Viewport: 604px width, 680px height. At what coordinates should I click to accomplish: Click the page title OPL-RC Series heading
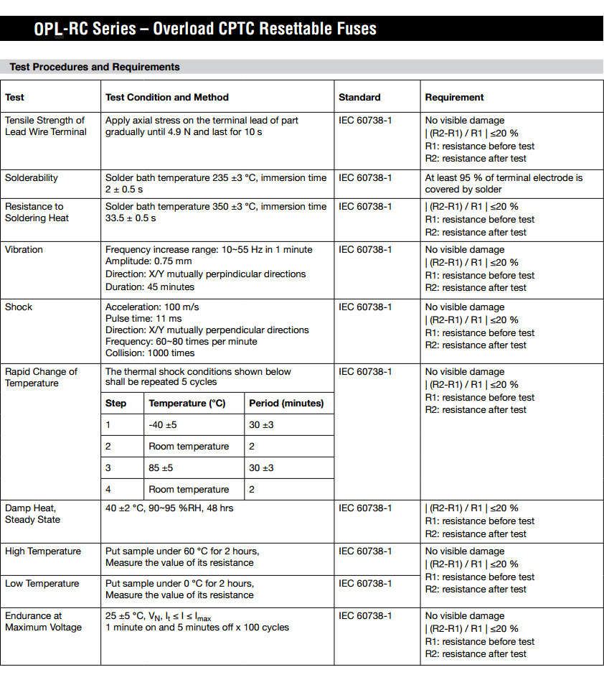click(x=205, y=29)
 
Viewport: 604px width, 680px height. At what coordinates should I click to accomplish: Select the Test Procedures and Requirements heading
click(x=94, y=67)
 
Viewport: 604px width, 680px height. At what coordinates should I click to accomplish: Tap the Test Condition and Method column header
click(x=166, y=97)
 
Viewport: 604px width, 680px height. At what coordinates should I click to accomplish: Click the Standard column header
click(x=359, y=97)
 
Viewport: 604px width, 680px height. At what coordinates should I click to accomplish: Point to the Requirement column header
click(x=454, y=97)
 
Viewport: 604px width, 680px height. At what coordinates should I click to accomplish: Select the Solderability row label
click(x=32, y=177)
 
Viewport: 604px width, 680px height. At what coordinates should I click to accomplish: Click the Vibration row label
click(x=24, y=249)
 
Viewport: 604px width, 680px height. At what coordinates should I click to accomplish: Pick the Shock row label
click(x=19, y=307)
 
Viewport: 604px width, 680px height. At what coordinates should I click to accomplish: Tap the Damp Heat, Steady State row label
click(x=32, y=513)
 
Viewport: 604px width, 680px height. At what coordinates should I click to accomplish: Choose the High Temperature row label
click(x=43, y=551)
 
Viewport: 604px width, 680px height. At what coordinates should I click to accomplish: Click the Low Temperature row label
click(x=42, y=583)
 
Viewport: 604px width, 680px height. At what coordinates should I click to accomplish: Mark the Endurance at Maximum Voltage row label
click(x=43, y=621)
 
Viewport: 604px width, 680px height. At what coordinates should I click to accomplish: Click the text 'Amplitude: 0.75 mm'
click(x=148, y=261)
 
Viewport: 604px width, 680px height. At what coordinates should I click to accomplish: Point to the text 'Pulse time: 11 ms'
click(x=143, y=318)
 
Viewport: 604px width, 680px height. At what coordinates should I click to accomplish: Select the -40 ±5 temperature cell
click(x=163, y=424)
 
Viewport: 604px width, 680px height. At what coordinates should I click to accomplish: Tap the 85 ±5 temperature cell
click(x=161, y=467)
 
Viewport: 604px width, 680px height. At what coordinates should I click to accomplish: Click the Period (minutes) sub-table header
click(x=286, y=403)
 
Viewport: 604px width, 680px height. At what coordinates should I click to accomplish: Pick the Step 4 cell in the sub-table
click(x=108, y=489)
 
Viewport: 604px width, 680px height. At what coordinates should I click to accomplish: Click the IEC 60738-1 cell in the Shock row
click(x=365, y=307)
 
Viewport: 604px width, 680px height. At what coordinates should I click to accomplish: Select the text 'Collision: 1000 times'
click(x=150, y=353)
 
